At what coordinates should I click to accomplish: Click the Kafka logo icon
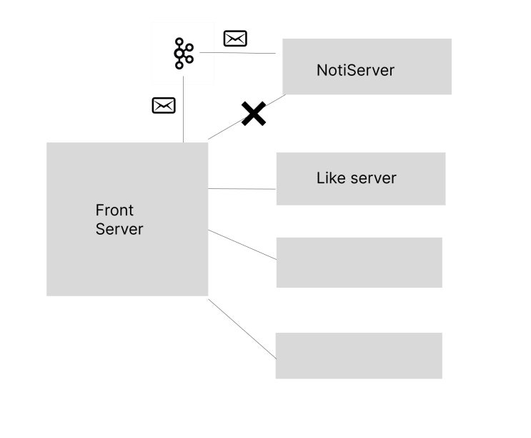pyautogui.click(x=184, y=53)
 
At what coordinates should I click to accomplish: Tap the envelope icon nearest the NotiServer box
pyautogui.click(x=235, y=39)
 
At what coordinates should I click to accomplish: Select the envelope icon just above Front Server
pyautogui.click(x=164, y=105)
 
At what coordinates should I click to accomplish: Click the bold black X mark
pyautogui.click(x=254, y=114)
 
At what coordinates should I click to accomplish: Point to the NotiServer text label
pyautogui.click(x=356, y=70)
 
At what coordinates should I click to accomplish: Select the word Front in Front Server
pyautogui.click(x=114, y=210)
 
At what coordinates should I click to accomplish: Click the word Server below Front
pyautogui.click(x=119, y=229)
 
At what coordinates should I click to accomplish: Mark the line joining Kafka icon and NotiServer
pyautogui.click(x=238, y=53)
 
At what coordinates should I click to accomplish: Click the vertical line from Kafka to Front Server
pyautogui.click(x=183, y=109)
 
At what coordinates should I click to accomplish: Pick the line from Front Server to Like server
pyautogui.click(x=242, y=188)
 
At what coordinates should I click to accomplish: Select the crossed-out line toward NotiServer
pyautogui.click(x=247, y=117)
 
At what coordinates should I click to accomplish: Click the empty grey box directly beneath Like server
pyautogui.click(x=359, y=263)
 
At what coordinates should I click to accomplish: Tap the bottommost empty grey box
pyautogui.click(x=359, y=356)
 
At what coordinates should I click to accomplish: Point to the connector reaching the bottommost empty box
pyautogui.click(x=242, y=328)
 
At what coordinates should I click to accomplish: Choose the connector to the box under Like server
pyautogui.click(x=242, y=245)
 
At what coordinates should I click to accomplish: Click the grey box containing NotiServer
pyautogui.click(x=367, y=67)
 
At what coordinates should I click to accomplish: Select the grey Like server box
pyautogui.click(x=361, y=179)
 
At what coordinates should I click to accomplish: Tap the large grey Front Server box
pyautogui.click(x=127, y=219)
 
